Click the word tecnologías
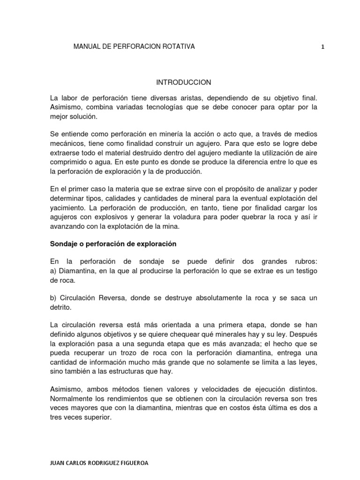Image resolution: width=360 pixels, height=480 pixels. pos(174,107)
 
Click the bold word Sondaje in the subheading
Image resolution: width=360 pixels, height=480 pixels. pos(63,244)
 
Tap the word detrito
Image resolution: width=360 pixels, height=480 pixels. pos(60,307)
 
